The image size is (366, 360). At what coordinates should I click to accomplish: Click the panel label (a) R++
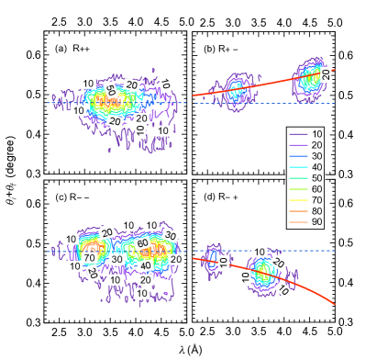coord(72,49)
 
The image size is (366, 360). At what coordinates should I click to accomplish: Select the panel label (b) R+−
coord(221,49)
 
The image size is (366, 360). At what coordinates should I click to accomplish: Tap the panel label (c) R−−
coord(72,197)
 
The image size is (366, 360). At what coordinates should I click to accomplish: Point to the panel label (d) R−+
coord(221,197)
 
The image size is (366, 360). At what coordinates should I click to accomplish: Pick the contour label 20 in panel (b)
coord(326,73)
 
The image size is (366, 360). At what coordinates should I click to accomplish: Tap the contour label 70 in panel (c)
coord(90,258)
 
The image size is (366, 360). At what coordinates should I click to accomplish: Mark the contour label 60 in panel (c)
coord(142,242)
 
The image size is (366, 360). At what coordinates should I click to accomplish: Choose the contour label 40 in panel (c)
coord(144,265)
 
